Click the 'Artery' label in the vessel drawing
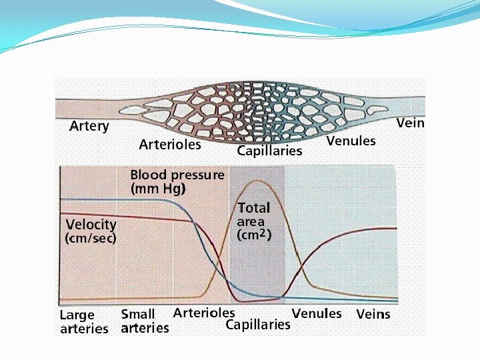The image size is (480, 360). click(89, 127)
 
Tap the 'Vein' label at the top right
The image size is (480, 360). click(410, 123)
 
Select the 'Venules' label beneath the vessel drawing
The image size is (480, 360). click(351, 141)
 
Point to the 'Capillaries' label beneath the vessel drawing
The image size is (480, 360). click(269, 151)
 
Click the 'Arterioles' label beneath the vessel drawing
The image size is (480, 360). click(170, 144)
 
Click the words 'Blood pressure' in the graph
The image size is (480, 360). click(177, 175)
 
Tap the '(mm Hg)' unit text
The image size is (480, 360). click(158, 189)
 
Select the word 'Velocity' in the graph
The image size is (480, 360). click(91, 225)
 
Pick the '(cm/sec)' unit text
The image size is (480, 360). click(91, 238)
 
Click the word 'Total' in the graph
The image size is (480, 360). click(254, 208)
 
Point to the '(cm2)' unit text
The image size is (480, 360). click(254, 235)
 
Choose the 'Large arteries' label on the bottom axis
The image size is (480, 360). click(83, 321)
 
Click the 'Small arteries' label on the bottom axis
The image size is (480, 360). click(144, 321)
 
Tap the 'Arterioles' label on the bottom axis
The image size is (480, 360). click(203, 312)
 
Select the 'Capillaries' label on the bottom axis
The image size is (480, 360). click(258, 325)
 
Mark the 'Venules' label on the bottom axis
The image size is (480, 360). click(317, 313)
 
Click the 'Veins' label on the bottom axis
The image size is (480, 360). click(373, 314)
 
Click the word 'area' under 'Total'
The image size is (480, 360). click(251, 221)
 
